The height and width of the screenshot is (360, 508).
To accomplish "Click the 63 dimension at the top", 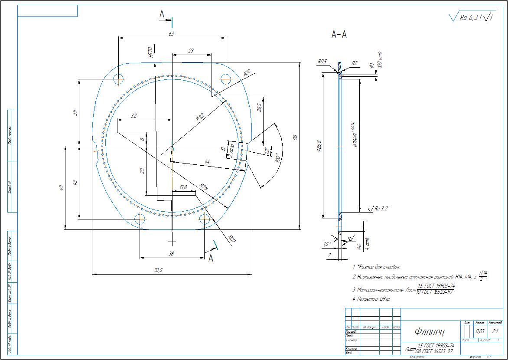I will point(171,33).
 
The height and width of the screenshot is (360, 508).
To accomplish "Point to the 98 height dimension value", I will point(295,137).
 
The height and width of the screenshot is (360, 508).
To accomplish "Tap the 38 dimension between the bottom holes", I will point(171,254).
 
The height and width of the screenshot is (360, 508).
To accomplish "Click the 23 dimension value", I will point(191,51).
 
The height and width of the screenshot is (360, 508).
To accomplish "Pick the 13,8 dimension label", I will point(183,187).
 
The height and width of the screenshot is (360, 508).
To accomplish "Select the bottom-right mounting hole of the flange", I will point(205,219).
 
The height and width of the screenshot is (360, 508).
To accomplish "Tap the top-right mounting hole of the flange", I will point(226,79).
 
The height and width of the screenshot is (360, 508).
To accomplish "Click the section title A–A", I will point(339,35).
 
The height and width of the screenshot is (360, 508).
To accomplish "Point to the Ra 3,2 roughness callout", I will point(380,209).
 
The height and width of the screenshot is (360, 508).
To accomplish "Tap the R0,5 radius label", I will point(322,62).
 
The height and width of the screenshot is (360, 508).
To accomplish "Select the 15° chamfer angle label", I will point(327,244).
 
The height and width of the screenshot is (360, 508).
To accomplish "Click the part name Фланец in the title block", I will point(429,333).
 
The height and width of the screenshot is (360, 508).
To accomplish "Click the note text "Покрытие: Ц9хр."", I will point(372,299).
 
